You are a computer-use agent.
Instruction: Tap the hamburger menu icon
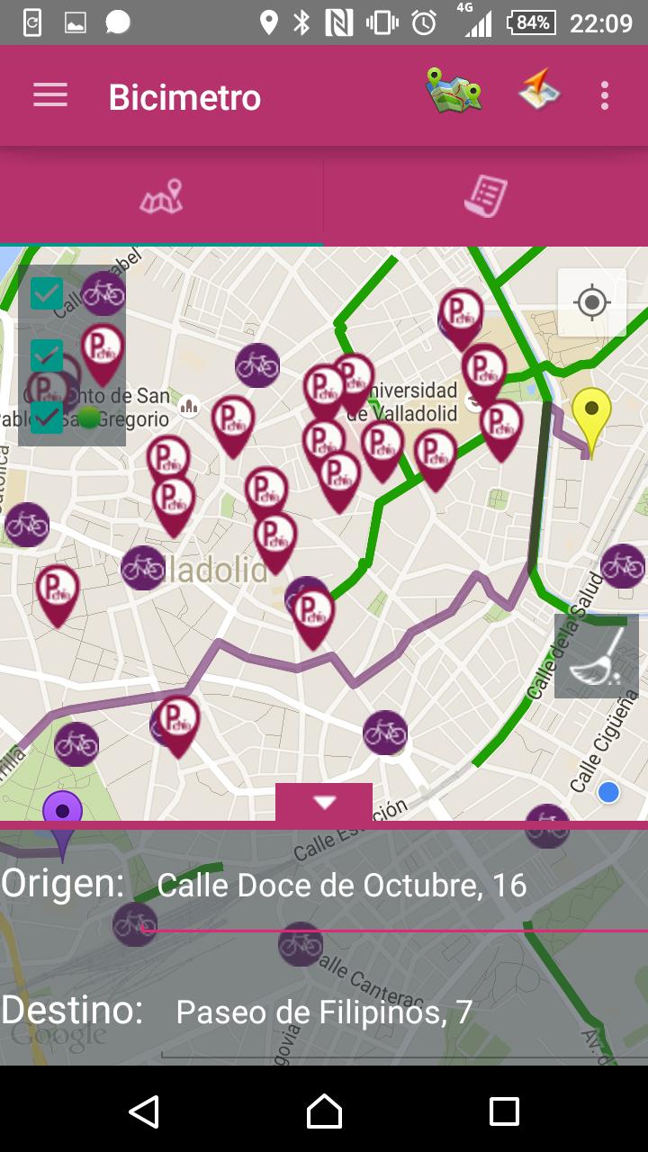[x=50, y=95]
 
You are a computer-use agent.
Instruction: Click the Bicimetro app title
[x=184, y=97]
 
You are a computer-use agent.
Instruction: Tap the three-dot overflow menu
[x=605, y=95]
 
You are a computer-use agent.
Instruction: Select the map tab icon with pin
[x=161, y=196]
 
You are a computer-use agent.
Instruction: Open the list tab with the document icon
[x=486, y=196]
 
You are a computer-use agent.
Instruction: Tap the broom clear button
[x=597, y=656]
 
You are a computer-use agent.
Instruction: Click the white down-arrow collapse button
[x=324, y=802]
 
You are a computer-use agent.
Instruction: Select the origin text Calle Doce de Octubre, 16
[x=342, y=886]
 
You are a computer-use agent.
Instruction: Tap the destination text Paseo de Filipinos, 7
[x=324, y=1012]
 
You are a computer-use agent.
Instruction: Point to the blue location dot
[x=608, y=792]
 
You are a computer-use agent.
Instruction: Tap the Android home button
[x=324, y=1111]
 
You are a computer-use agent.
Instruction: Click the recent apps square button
[x=504, y=1111]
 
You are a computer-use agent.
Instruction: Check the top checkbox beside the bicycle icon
[x=47, y=293]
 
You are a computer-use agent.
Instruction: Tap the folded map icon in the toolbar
[x=454, y=91]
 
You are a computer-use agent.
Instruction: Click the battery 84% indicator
[x=531, y=22]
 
